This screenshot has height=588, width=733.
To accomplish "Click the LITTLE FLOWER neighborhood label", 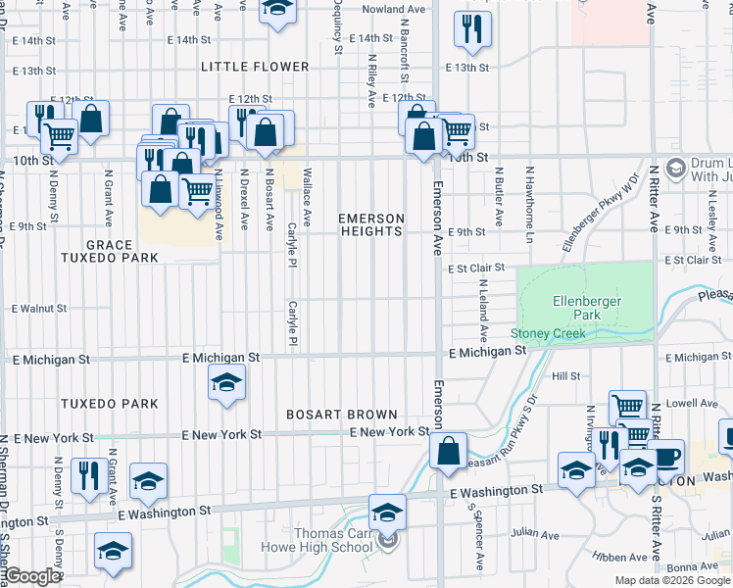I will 255,67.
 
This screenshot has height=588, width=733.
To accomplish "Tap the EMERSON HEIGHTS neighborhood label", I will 371,224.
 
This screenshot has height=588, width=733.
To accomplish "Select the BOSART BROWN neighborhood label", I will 341,415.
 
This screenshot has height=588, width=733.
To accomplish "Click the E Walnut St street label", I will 39,309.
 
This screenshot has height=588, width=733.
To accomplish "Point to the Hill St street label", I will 565,375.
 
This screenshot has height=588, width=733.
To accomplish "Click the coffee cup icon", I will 667,456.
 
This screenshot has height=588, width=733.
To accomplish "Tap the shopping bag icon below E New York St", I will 448,451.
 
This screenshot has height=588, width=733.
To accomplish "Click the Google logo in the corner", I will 32,577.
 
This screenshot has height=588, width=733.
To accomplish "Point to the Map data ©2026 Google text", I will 671,580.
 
